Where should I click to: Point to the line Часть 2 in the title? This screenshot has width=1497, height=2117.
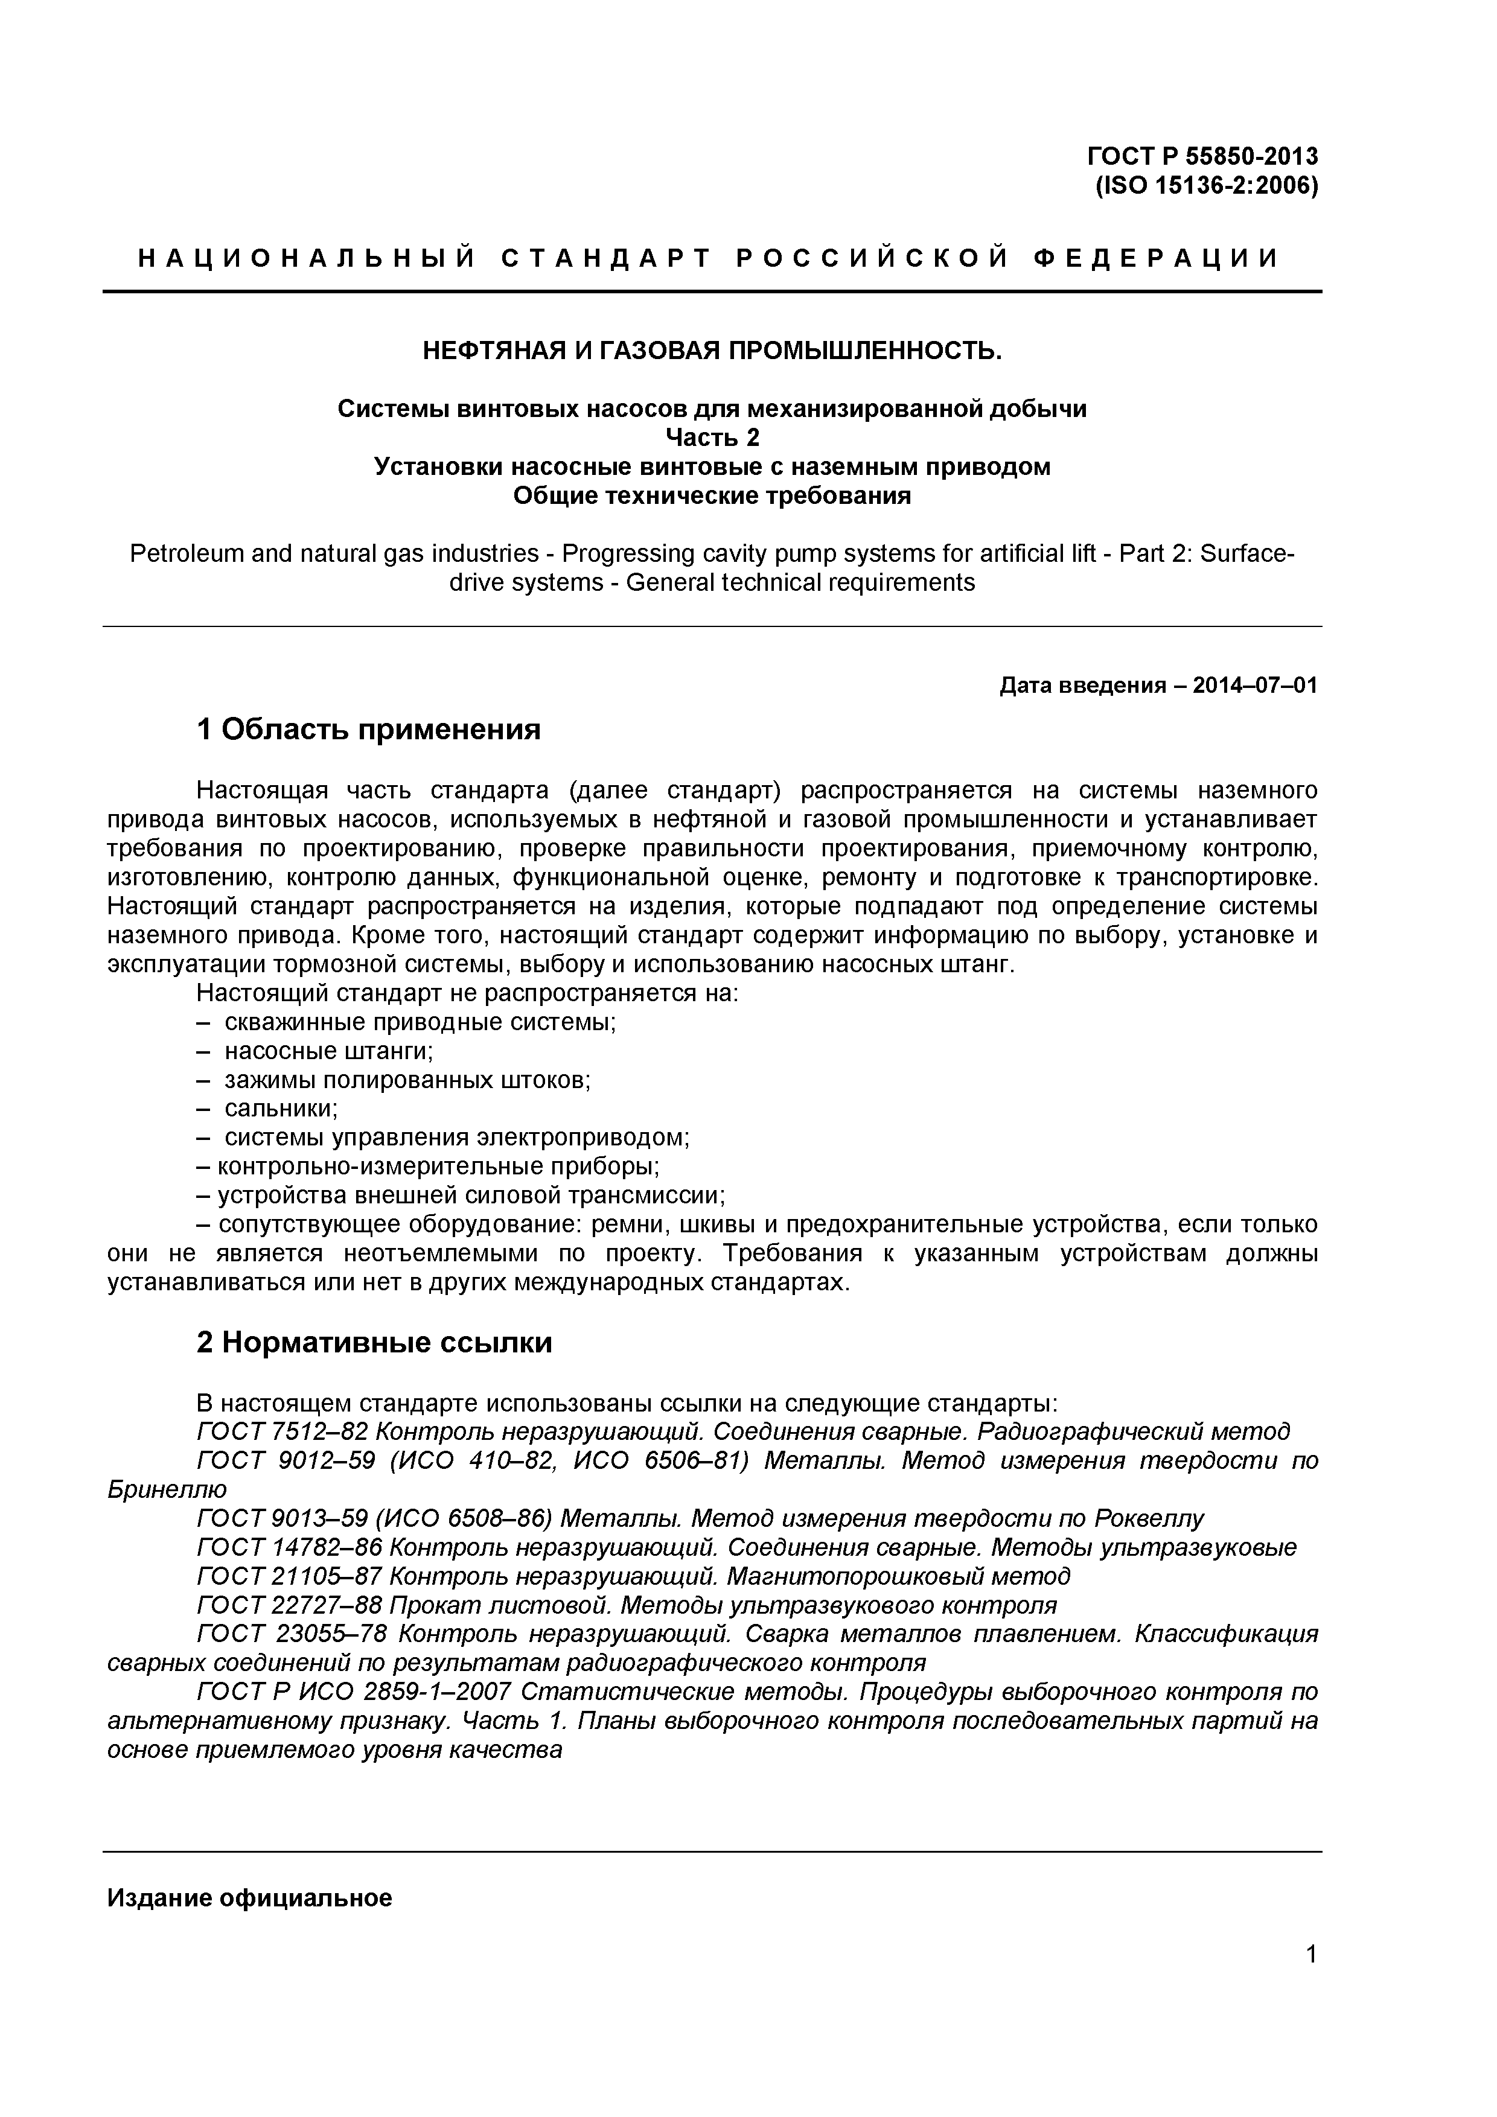[x=712, y=437]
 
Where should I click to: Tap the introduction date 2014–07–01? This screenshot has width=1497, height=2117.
[x=1254, y=686]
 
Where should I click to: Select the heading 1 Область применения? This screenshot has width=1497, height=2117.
[x=368, y=730]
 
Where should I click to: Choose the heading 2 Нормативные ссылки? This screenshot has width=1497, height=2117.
[x=374, y=1343]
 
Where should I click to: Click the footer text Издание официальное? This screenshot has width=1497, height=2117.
[x=250, y=1897]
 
